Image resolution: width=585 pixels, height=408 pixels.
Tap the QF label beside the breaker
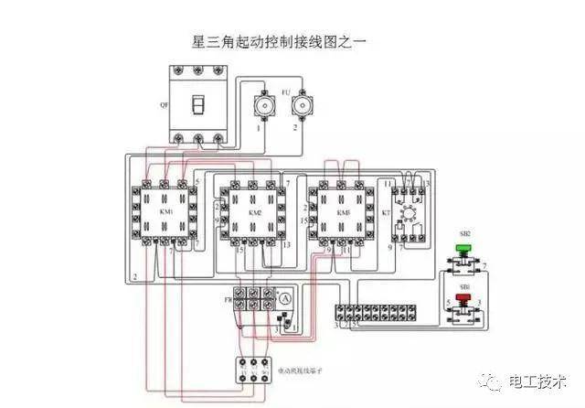tap(164, 106)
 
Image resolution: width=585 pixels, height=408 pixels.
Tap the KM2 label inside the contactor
tap(255, 211)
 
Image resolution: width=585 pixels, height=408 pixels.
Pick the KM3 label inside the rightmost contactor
tap(343, 211)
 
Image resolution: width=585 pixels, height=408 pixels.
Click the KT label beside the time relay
tap(385, 212)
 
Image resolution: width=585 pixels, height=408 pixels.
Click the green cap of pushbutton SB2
tap(464, 247)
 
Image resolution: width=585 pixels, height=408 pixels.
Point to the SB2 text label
tap(464, 234)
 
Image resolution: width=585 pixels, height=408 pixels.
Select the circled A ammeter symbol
tap(285, 299)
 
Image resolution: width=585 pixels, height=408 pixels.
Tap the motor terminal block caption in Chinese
tap(300, 372)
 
